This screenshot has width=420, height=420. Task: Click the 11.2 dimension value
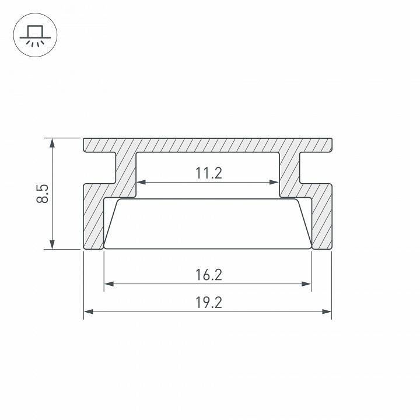tap(209, 173)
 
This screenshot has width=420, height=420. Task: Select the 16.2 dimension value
tap(209, 275)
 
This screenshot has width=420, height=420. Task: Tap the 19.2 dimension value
tap(209, 303)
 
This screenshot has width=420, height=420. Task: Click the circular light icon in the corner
tap(33, 33)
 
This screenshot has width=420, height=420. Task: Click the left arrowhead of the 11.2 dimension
tap(140, 183)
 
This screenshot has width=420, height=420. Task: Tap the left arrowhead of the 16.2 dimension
tap(107, 284)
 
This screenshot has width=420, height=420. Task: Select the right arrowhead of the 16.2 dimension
tap(307, 284)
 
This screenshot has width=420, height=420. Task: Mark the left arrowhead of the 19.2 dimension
tap(87, 312)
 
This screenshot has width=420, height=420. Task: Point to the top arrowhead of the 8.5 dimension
tap(52, 142)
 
